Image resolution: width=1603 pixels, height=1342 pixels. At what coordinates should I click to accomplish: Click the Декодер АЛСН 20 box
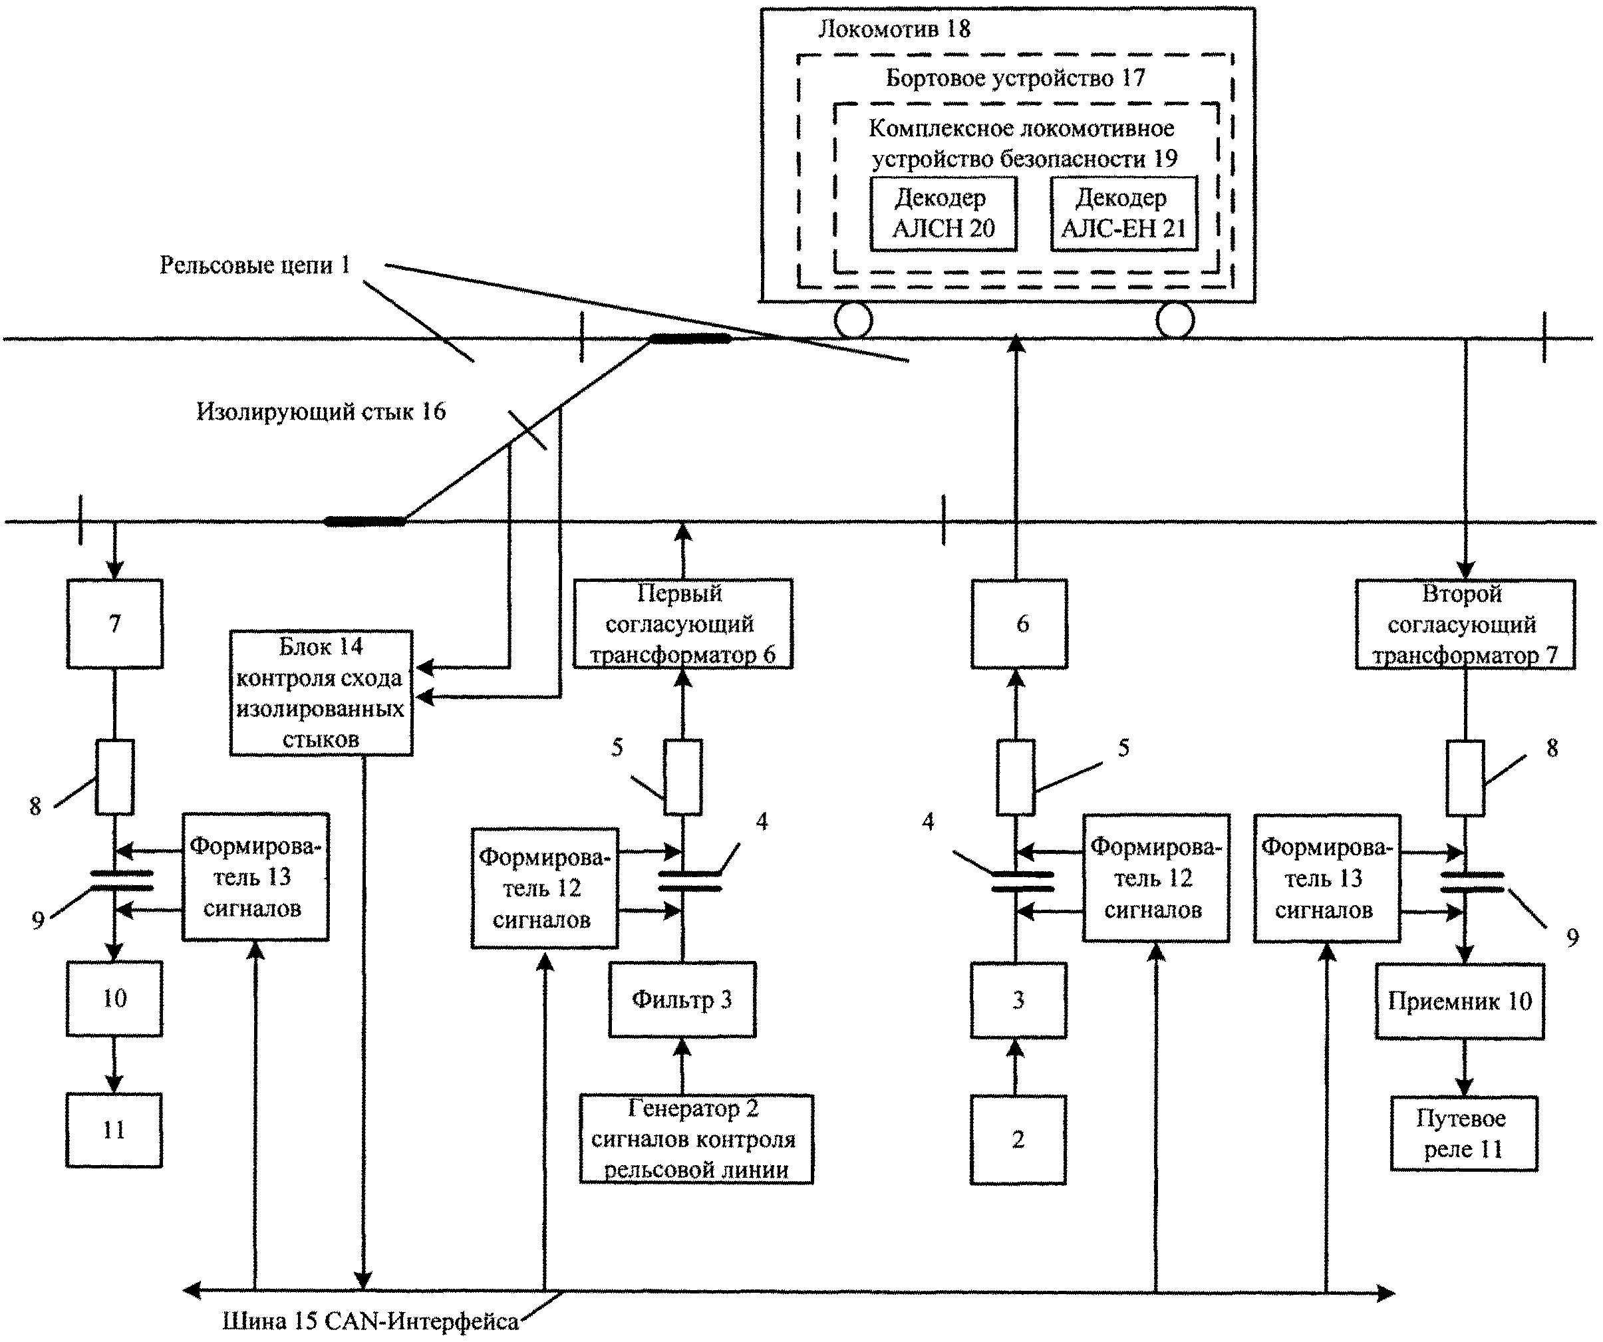(943, 213)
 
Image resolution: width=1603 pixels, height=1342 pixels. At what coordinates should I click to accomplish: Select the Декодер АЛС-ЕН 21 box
(1123, 213)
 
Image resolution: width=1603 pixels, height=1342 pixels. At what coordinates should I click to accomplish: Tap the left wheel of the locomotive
(853, 320)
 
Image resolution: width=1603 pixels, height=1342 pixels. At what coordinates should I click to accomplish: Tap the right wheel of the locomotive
(1175, 320)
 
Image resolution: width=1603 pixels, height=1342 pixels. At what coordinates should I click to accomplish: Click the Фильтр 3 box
(682, 1000)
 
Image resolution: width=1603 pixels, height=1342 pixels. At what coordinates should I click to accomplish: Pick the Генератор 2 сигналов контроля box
(696, 1140)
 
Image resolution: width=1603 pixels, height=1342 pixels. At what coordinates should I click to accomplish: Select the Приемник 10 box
(1459, 1001)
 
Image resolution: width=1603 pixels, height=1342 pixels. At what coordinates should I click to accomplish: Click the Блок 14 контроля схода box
(321, 693)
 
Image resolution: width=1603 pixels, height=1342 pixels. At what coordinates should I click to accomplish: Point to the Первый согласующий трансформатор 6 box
(682, 624)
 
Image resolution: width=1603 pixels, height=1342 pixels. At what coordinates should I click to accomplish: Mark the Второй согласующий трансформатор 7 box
(1465, 624)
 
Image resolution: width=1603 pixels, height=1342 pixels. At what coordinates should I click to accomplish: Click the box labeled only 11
(114, 1131)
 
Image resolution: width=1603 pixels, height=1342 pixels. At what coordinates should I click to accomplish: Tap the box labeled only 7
(114, 624)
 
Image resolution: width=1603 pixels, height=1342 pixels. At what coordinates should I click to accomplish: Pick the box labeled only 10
(114, 998)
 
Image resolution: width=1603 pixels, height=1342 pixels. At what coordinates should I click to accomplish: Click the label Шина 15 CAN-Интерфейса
(371, 1321)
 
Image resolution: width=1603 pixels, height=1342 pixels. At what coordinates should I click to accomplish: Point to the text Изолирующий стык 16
(321, 412)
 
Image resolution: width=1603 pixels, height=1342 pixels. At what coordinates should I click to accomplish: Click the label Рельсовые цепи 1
(255, 265)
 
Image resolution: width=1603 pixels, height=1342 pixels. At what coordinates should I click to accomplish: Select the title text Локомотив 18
(894, 30)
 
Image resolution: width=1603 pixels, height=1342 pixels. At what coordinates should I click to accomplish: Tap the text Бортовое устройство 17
(1015, 78)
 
